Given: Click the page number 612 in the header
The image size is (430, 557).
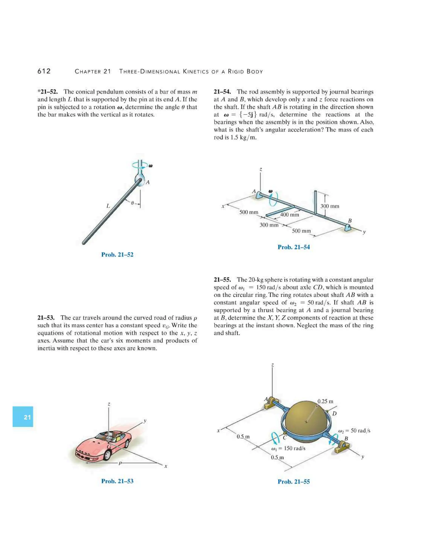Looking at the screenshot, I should tap(44, 71).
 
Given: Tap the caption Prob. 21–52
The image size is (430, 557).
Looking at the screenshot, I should tap(117, 255).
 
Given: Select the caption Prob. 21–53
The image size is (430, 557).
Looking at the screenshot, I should tap(117, 481).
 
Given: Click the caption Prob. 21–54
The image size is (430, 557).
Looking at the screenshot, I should tap(294, 247).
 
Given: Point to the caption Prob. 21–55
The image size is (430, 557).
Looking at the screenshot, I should tap(294, 482).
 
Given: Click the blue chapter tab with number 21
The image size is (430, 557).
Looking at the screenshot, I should tap(23, 416).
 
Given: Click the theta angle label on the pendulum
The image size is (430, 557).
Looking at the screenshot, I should tap(132, 203).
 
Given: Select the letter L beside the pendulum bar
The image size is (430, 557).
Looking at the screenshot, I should tap(108, 206).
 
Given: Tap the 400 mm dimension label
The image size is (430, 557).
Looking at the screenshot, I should tap(289, 214).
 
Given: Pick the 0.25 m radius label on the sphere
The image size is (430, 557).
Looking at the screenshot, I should tap(325, 401).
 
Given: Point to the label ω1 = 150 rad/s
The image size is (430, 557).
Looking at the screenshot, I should tap(288, 448).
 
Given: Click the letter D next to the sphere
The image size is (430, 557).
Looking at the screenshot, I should tap(334, 413).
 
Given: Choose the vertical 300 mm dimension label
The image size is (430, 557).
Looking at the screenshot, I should tap(330, 206).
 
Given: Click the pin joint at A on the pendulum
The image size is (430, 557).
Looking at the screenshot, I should tap(140, 180).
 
